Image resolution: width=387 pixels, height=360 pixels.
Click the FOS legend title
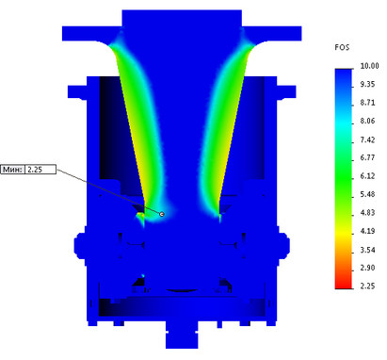click(342, 47)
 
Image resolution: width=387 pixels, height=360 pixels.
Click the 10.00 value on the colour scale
click(369, 66)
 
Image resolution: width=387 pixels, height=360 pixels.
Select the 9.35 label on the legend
click(367, 84)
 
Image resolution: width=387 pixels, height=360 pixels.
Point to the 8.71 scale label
click(367, 103)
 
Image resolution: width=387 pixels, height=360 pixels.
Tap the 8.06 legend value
click(367, 121)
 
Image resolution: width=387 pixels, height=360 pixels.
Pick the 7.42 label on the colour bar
click(367, 139)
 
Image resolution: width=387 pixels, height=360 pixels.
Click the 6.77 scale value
click(367, 157)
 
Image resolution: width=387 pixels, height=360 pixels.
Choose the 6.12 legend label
click(367, 176)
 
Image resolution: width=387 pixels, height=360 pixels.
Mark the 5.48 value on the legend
click(367, 194)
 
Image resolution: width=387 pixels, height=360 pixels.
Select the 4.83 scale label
click(367, 213)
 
